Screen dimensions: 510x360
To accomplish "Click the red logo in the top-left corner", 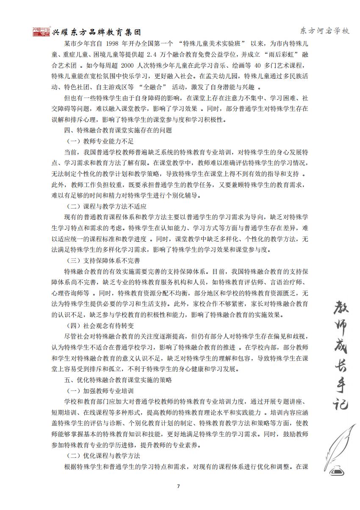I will (x=41, y=32).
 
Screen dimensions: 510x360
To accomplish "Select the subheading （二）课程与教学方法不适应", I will (x=106, y=206).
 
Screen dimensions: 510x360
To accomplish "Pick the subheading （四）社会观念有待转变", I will (x=100, y=325).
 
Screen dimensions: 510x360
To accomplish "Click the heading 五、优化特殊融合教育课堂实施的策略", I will (x=118, y=380).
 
